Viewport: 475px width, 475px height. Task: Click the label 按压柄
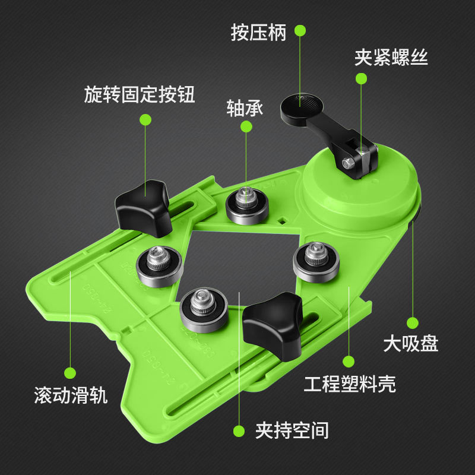(258, 32)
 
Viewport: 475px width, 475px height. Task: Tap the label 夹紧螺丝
(391, 57)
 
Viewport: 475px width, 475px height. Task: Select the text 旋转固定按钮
(140, 95)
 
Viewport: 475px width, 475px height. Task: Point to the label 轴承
(245, 108)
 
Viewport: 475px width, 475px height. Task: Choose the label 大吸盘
(410, 343)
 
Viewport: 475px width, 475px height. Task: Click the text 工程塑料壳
(349, 384)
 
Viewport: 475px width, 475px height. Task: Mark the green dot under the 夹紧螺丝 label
(361, 79)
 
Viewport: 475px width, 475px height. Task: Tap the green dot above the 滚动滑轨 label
(70, 373)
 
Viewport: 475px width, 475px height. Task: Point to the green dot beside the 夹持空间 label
(239, 430)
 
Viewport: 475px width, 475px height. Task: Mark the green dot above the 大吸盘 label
(411, 321)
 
